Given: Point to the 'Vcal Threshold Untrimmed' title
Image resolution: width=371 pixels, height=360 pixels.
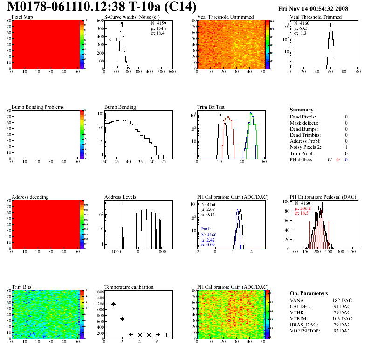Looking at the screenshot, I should coord(225,17).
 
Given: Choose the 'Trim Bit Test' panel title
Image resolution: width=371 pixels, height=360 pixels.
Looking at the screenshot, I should coord(211,107).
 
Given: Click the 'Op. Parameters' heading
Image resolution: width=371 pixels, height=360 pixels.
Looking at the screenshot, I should coord(309,293).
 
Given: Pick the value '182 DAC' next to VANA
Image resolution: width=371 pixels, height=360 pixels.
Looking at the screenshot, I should coord(341,301).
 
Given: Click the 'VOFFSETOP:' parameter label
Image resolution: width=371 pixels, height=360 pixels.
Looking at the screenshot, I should coord(304,331).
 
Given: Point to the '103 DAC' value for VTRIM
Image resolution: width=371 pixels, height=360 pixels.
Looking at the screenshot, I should coord(341,318).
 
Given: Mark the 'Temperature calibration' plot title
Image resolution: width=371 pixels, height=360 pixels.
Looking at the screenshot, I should coord(129,287).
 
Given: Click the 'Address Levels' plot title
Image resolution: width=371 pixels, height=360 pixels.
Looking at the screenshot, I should coord(120,197).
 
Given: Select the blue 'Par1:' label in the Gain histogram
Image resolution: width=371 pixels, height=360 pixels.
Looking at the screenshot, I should coord(206,229).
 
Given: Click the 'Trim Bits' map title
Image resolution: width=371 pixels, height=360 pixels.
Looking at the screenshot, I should coord(21,287).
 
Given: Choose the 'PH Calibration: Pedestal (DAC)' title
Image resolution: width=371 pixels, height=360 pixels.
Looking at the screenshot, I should coord(323,197).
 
